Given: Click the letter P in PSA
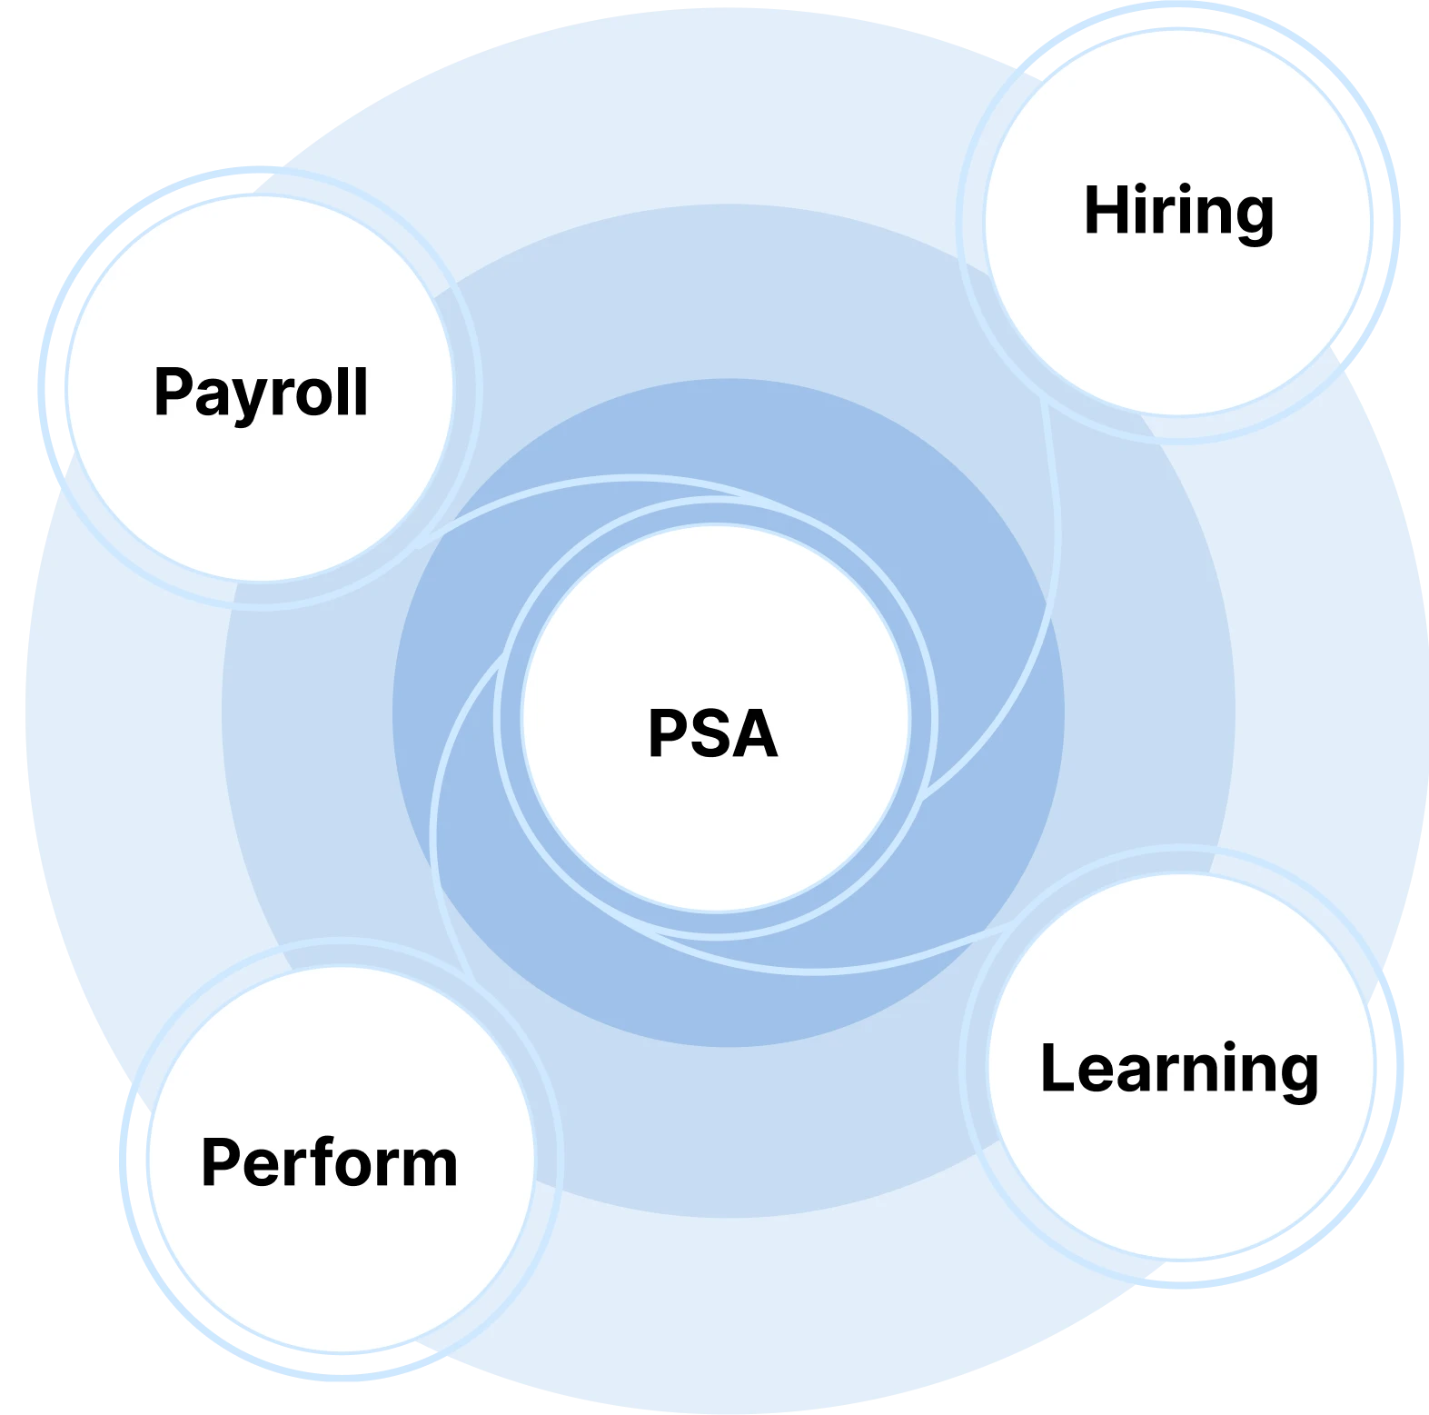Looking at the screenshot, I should point(670,732).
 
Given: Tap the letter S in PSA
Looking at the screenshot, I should point(714,732).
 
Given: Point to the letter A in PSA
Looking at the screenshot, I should point(756,732).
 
